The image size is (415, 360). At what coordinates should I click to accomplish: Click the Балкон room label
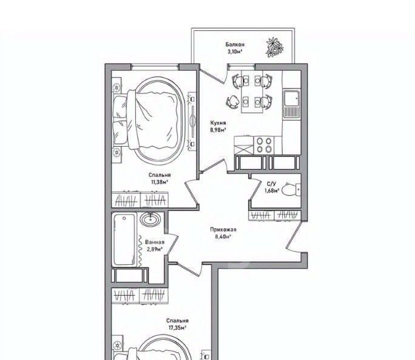[x=234, y=44]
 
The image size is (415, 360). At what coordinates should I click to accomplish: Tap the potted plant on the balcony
[x=274, y=47]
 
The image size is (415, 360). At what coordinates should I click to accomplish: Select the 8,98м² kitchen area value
[x=218, y=130]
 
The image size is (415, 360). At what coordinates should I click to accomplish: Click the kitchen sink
[x=291, y=104]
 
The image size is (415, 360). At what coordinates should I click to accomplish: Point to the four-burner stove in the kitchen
[x=264, y=145]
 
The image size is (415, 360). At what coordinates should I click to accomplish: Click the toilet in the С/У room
[x=291, y=190]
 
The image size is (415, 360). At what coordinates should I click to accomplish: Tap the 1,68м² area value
[x=272, y=190]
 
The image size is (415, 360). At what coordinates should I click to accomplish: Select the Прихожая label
[x=223, y=230]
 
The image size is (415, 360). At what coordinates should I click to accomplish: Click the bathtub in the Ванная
[x=124, y=239]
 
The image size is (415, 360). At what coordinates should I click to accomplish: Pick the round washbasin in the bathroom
[x=150, y=219]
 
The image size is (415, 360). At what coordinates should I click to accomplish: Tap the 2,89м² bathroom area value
[x=154, y=248]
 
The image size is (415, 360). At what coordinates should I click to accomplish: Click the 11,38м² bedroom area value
[x=160, y=182]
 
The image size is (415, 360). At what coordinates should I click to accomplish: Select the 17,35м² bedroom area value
[x=177, y=328]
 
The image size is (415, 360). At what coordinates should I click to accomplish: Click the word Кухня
[x=218, y=123]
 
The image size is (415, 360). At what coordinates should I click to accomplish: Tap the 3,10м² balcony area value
[x=235, y=52]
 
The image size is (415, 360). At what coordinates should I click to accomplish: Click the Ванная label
[x=155, y=242]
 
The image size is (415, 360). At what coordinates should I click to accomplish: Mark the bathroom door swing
[x=172, y=244]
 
